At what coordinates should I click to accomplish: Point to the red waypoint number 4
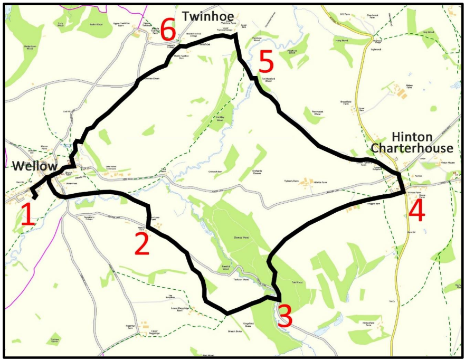point(416,211)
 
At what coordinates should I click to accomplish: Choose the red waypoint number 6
point(168,31)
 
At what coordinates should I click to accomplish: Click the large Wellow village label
point(35,166)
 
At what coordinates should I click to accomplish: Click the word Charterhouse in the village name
point(412,148)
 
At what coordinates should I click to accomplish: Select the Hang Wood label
point(341,40)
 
